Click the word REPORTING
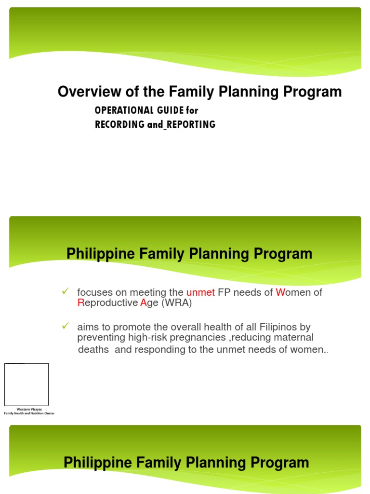click(191, 124)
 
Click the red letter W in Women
click(280, 292)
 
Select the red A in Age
click(143, 302)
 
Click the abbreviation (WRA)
click(177, 302)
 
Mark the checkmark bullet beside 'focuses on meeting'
click(66, 291)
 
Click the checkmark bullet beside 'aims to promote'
click(66, 327)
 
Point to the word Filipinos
click(270, 328)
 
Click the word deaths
click(94, 350)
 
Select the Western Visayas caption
click(29, 410)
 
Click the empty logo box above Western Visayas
click(26, 384)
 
